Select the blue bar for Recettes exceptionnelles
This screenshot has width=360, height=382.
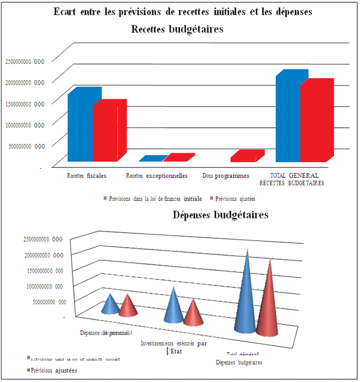click(x=150, y=159)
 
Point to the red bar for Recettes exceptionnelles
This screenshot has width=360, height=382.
click(x=176, y=158)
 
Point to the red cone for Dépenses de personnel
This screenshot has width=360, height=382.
click(x=128, y=307)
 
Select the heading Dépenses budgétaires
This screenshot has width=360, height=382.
click(x=220, y=214)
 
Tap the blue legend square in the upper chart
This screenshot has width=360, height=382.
click(x=105, y=197)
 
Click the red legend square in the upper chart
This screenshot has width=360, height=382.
click(x=211, y=197)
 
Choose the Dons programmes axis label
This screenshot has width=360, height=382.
click(x=225, y=176)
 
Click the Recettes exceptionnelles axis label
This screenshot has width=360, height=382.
click(x=157, y=176)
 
